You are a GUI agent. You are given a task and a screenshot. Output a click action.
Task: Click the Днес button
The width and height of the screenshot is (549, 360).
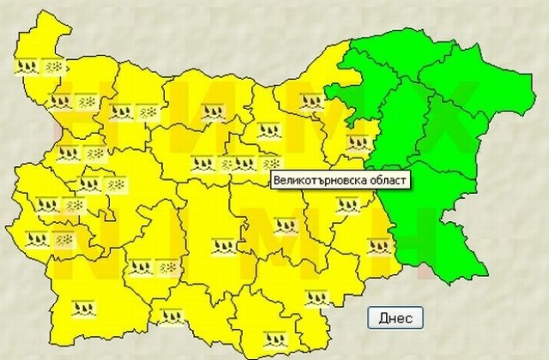click(x=395, y=318)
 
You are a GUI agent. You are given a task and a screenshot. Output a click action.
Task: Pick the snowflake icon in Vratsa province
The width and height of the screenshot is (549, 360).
click(x=148, y=111)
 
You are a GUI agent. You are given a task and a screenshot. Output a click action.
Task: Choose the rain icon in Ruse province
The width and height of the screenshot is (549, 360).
click(x=313, y=103)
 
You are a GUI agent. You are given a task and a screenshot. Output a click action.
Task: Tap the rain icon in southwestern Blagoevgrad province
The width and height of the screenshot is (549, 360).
click(x=83, y=306)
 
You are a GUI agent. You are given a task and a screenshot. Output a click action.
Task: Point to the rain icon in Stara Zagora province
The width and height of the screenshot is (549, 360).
click(x=283, y=225)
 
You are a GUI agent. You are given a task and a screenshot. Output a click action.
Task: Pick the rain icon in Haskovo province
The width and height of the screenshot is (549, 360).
click(x=317, y=297)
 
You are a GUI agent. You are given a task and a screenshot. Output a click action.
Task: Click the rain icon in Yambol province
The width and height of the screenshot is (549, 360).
click(x=377, y=247)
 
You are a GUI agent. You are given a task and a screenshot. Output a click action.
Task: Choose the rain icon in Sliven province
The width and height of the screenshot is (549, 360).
click(x=347, y=205)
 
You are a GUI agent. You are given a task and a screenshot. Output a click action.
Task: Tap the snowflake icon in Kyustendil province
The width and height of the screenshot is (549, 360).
click(x=61, y=238)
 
